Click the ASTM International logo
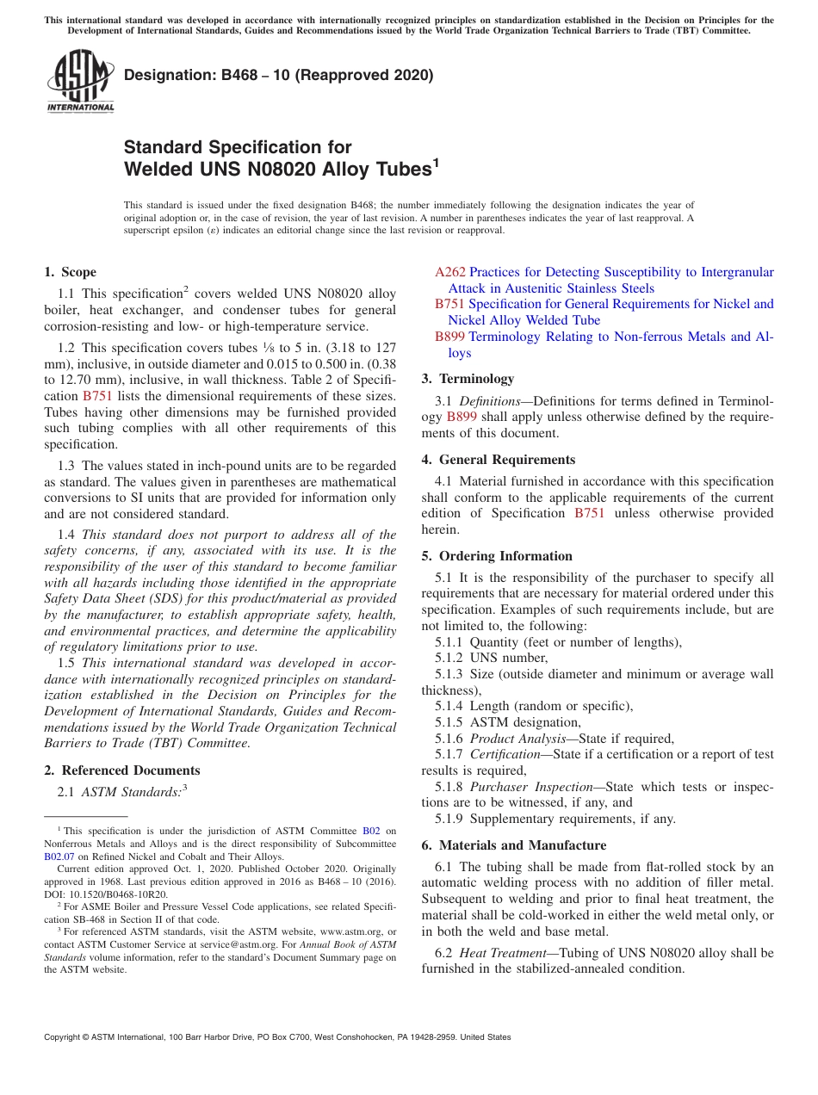tap(80, 81)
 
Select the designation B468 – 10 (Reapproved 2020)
tap(278, 76)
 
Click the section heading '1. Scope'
tap(70, 272)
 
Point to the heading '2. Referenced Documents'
tap(122, 770)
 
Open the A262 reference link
tap(449, 272)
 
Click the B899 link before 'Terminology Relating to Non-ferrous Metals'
tap(449, 337)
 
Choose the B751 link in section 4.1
tap(589, 513)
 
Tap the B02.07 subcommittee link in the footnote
tap(59, 857)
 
